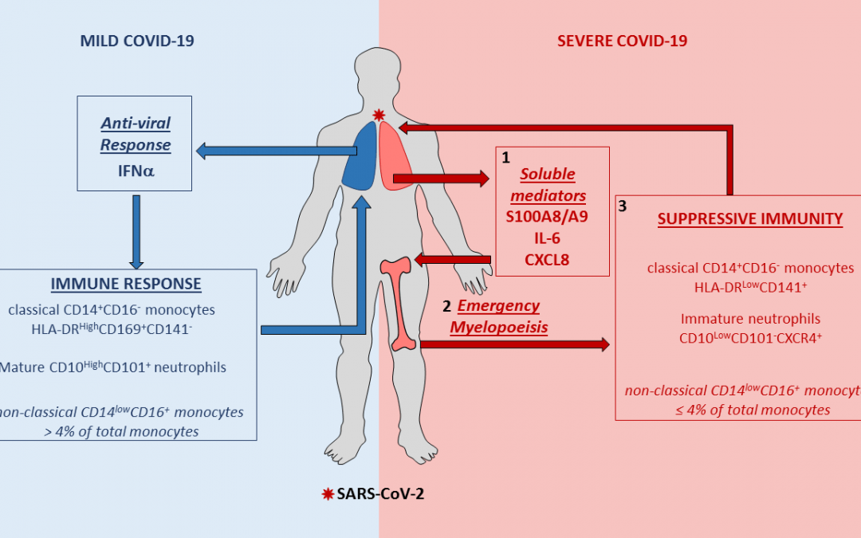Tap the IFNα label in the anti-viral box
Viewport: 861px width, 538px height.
point(135,168)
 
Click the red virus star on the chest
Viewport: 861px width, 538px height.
point(379,116)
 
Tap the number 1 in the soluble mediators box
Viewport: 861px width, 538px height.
point(505,158)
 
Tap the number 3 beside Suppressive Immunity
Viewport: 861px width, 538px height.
point(623,206)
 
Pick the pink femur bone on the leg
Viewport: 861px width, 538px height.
point(403,304)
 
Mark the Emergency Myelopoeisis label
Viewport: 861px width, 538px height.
point(496,316)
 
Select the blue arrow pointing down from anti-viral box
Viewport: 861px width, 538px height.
point(136,231)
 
